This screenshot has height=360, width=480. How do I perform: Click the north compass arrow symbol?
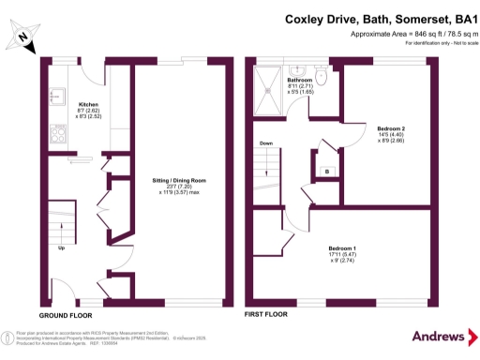21,38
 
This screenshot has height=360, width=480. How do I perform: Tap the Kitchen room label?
89,104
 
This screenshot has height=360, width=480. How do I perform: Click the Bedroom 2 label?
391,127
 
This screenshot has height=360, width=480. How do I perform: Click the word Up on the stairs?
62,248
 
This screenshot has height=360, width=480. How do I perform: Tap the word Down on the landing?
266,143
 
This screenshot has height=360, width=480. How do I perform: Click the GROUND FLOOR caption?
65,315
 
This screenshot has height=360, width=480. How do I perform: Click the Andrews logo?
439,337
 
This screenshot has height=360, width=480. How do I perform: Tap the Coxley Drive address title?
382,16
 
